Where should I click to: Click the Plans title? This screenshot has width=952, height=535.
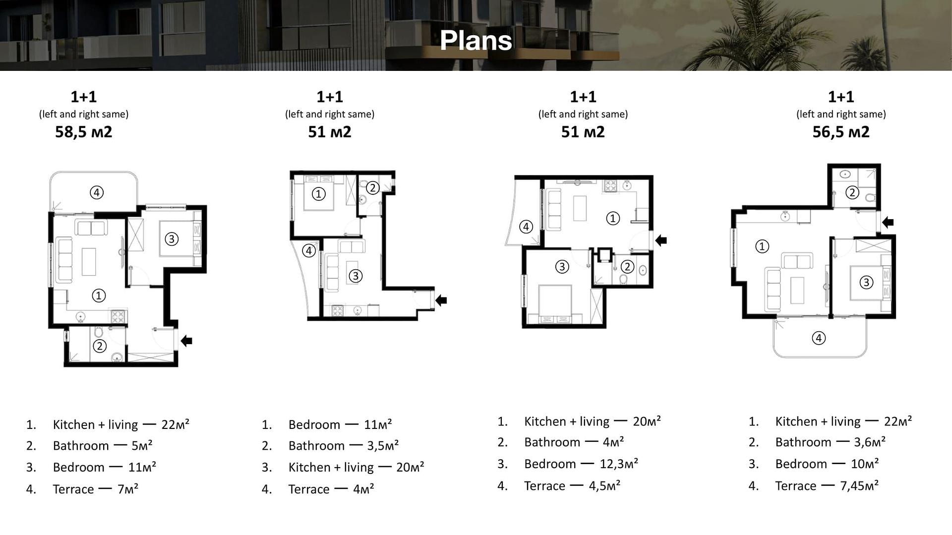476,40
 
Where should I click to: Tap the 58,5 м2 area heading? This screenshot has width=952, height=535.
84,132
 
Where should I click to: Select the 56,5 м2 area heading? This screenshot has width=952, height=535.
841,132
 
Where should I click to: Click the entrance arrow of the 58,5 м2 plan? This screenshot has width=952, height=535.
186,341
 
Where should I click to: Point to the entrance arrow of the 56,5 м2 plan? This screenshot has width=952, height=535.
888,222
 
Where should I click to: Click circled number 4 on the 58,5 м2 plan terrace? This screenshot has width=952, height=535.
97,192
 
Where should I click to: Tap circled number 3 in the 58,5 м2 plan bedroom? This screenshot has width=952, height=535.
172,239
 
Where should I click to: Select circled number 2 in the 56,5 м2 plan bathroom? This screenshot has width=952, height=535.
852,192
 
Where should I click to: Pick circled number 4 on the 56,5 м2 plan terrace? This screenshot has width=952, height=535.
819,338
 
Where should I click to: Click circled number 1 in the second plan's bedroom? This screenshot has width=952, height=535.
318,194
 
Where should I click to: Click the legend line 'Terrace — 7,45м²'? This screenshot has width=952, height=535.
827,486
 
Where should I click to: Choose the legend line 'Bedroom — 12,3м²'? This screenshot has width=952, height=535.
581,464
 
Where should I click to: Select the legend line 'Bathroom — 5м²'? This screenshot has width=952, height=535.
103,446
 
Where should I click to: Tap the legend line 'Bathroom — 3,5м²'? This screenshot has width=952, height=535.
344,446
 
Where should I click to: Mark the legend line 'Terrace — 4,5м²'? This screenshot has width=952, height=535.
572,486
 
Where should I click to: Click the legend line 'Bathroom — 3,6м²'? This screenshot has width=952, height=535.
831,442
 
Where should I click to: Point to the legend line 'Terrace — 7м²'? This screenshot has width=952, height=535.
95,489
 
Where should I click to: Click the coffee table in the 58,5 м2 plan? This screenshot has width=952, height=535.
89,261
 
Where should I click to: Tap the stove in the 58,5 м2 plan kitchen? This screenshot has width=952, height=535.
119,316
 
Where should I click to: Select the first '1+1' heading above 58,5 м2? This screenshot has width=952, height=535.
84,97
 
